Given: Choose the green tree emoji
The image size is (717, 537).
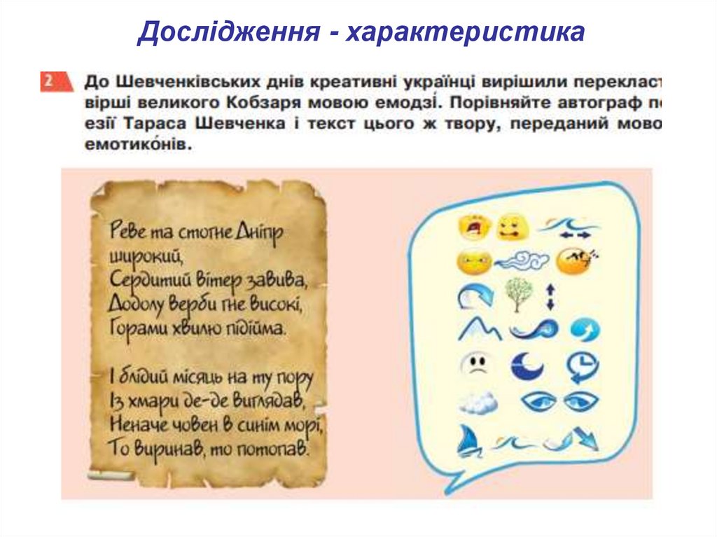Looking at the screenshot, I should tap(517, 294).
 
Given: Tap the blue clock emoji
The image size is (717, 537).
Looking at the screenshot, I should tap(581, 366).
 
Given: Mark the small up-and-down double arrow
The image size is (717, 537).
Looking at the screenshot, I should tap(550, 295).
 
